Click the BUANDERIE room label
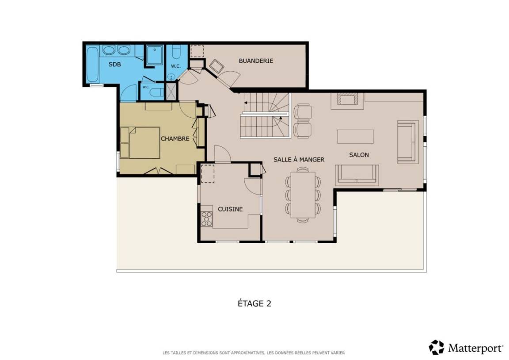click(256, 61)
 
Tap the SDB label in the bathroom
click(114, 64)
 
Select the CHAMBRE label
click(175, 139)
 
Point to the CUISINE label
click(230, 209)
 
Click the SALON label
click(359, 155)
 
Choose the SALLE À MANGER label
click(299, 160)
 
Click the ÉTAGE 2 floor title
click(254, 303)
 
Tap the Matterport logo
click(466, 348)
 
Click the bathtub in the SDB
click(92, 65)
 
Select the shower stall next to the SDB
click(155, 55)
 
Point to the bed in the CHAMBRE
click(140, 143)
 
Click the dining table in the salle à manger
click(303, 195)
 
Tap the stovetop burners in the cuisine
click(206, 218)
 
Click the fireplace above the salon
click(347, 100)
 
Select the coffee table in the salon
click(355, 137)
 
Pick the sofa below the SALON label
click(357, 175)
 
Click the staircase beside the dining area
click(265, 115)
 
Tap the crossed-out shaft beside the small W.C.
click(171, 92)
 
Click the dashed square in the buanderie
click(197, 51)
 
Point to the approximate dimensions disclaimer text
click(254, 352)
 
